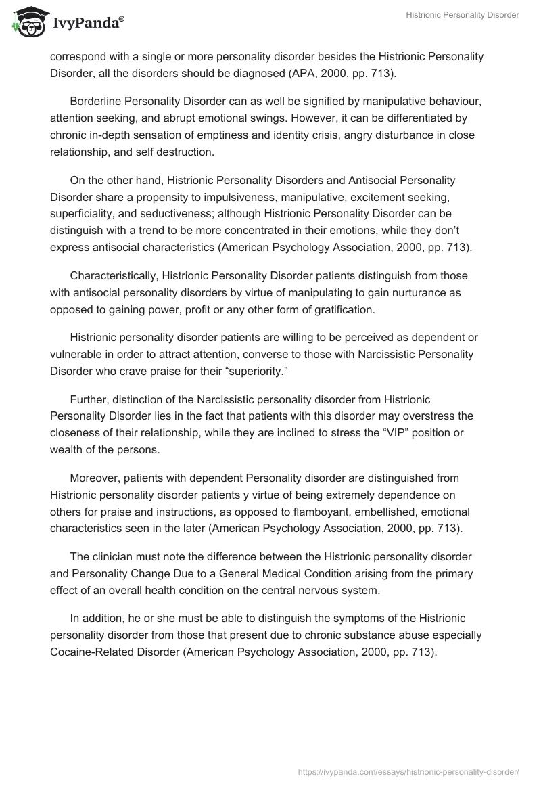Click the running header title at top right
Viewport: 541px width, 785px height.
pos(463,15)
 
